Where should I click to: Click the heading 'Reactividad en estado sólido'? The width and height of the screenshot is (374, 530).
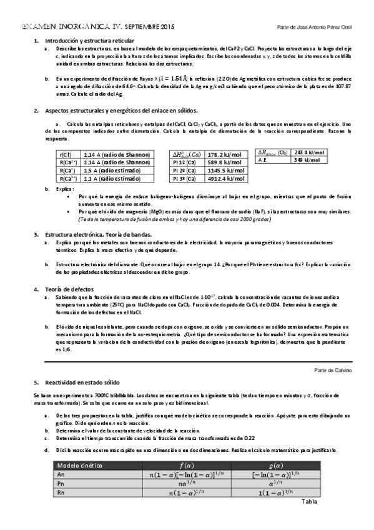click(x=82, y=381)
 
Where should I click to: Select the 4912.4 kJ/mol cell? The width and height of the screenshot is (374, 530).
click(x=225, y=178)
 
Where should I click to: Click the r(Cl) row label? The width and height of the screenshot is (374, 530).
click(x=64, y=154)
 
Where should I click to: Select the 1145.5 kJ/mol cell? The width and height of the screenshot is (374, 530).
click(x=225, y=170)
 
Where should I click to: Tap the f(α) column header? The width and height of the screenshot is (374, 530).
click(x=187, y=465)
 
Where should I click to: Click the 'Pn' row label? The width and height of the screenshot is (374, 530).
click(x=61, y=482)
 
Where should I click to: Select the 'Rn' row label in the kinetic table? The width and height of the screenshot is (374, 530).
click(x=61, y=492)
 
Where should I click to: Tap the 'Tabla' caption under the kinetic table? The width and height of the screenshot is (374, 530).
click(x=310, y=501)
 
